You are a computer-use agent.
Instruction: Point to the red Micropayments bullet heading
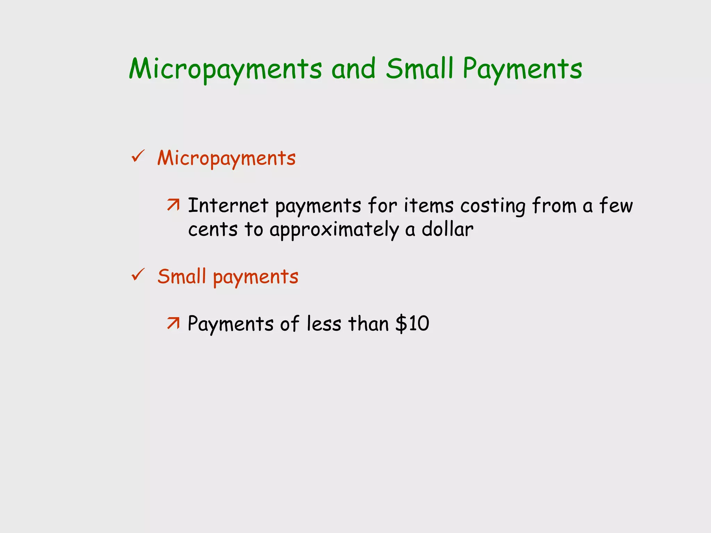click(x=226, y=158)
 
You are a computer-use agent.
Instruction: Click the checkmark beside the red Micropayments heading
click(x=138, y=156)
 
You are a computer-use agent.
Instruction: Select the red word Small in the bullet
click(x=182, y=277)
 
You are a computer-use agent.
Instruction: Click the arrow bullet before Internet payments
click(x=173, y=205)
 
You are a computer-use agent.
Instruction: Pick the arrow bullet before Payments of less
click(x=173, y=323)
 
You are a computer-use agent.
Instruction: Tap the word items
click(x=428, y=205)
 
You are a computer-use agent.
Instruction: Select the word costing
click(x=493, y=206)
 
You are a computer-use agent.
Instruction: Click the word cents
click(x=212, y=229)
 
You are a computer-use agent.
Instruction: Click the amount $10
click(x=412, y=324)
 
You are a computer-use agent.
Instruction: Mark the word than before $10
click(x=368, y=324)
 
